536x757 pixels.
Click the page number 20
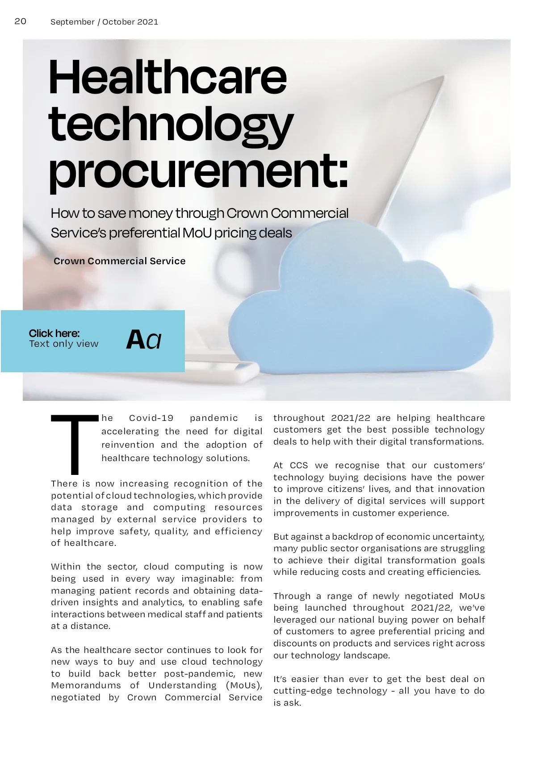[x=21, y=21]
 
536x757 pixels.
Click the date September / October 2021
[x=104, y=22]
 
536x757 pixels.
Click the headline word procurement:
[x=198, y=172]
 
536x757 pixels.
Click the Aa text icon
[x=143, y=340]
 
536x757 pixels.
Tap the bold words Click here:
[x=54, y=333]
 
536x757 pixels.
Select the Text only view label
[x=63, y=344]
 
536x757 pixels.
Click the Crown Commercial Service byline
[x=119, y=261]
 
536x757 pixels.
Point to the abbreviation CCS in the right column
[x=299, y=466]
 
